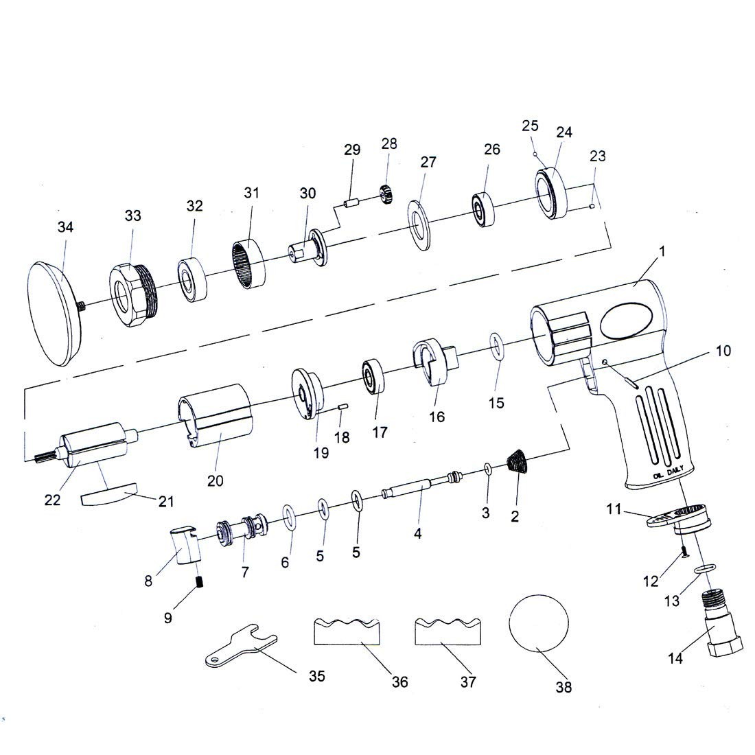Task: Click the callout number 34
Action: point(65,226)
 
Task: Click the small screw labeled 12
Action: point(684,553)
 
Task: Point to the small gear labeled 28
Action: point(386,194)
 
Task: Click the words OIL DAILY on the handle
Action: point(669,472)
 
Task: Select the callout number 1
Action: point(662,251)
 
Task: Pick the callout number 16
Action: point(437,416)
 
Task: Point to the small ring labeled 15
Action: point(497,346)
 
